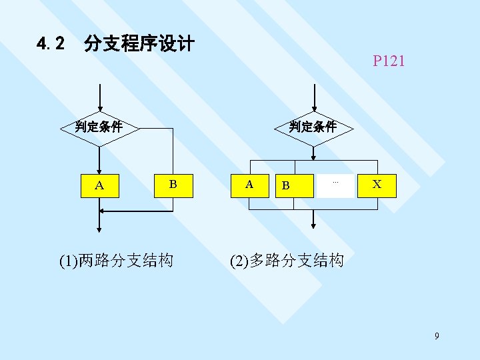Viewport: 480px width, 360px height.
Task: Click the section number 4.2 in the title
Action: point(51,45)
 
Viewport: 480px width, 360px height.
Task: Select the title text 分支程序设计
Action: point(139,45)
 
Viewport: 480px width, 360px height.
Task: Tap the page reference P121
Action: point(389,62)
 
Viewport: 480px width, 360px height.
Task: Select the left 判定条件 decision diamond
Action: point(99,126)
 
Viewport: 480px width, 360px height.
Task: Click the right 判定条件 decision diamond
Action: point(313,126)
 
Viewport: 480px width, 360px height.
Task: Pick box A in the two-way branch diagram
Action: point(99,185)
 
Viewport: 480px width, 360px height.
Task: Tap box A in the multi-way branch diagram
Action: point(249,185)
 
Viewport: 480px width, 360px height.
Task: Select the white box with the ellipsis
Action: point(335,185)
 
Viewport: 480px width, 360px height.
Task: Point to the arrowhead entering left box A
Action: point(99,169)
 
